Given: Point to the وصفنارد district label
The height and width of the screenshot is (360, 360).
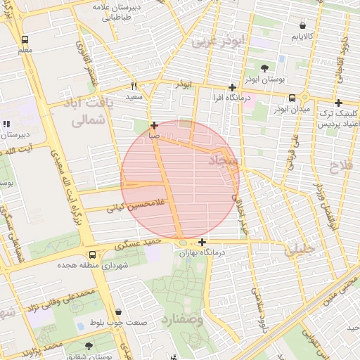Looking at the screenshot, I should [186, 320].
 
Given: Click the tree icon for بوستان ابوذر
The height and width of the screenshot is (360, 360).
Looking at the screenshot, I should [264, 68].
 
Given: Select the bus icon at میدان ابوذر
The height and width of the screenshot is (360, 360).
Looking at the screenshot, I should [292, 98].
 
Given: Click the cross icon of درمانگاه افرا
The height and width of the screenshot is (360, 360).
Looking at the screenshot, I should [232, 87].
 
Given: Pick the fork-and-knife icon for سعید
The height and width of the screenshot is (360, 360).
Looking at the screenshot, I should [134, 85].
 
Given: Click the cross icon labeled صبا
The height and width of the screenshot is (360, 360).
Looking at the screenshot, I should [154, 124].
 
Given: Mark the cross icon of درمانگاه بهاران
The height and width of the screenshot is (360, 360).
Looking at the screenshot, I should [202, 242].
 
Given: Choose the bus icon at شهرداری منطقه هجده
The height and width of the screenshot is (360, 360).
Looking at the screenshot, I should [92, 255].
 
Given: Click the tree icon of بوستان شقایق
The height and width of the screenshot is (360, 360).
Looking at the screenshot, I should [89, 346].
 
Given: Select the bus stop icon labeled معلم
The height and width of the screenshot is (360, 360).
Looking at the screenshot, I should [25, 40].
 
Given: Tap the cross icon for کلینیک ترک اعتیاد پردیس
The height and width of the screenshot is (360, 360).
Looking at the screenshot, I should [338, 103].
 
